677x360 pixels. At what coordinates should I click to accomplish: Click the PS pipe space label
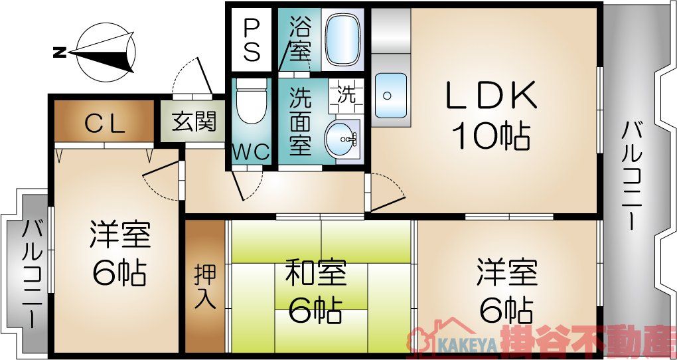252,39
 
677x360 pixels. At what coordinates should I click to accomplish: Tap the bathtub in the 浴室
343,41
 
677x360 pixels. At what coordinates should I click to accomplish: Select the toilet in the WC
250,103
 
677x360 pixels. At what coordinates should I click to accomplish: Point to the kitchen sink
390,95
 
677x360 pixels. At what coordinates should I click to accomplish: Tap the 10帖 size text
491,137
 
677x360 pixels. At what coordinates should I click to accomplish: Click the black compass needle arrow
106,52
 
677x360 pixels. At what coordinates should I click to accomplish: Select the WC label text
251,152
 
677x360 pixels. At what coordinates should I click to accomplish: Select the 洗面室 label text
301,122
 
